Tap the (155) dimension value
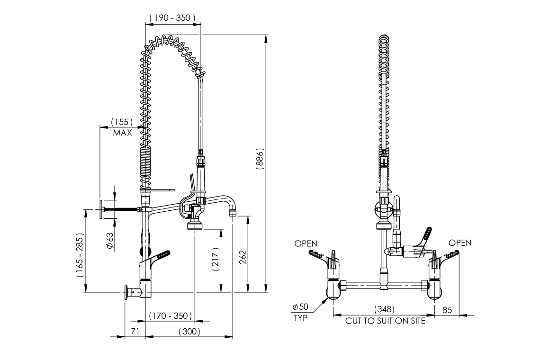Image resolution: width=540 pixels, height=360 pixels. (122, 122)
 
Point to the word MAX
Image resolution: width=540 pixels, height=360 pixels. (122, 133)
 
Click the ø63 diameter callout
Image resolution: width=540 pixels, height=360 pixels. (109, 241)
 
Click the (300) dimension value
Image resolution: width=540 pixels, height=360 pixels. (189, 332)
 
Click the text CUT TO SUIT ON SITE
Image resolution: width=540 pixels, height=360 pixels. (385, 321)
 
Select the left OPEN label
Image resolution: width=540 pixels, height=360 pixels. (306, 243)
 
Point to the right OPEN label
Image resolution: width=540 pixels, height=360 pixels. (460, 243)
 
